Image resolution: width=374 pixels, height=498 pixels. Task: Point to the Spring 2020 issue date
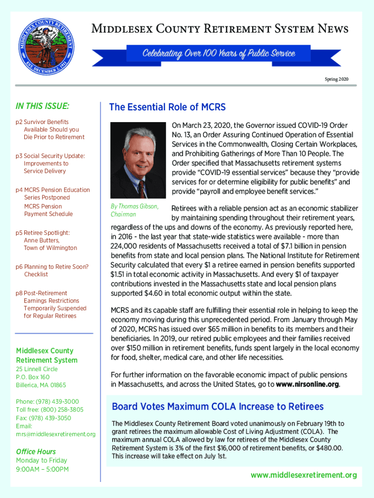click(x=336, y=79)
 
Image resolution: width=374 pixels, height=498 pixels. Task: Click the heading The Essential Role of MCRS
click(x=167, y=107)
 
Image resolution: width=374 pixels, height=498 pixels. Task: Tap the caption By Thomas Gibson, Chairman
click(x=135, y=210)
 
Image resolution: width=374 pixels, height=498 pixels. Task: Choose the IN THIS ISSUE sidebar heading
click(x=42, y=106)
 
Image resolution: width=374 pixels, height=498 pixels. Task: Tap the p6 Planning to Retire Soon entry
click(x=52, y=270)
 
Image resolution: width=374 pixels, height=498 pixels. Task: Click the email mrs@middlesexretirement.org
click(x=55, y=434)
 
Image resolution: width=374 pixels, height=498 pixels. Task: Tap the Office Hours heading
click(x=36, y=451)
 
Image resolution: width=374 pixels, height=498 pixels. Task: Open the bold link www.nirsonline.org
click(x=307, y=385)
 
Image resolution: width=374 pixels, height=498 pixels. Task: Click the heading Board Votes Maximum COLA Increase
click(x=218, y=407)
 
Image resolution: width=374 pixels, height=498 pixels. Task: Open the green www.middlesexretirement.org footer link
click(x=304, y=475)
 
